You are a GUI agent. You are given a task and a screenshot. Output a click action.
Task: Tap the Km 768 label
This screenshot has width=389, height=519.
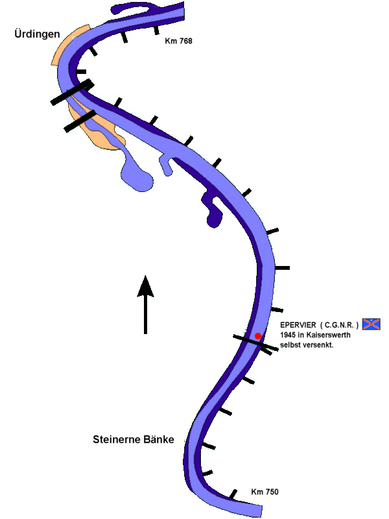point(178,41)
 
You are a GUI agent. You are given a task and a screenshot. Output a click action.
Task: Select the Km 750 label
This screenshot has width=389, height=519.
point(265,492)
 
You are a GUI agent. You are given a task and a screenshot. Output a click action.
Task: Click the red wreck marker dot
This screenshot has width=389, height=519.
point(258,335)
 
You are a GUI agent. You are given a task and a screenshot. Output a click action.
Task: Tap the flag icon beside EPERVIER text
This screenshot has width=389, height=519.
point(371,324)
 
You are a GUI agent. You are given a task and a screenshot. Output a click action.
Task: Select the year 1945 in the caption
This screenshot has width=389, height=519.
point(289,334)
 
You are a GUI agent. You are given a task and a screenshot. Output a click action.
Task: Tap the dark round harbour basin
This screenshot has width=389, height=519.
point(213,221)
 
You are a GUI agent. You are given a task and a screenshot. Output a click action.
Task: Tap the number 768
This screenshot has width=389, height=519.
point(185,41)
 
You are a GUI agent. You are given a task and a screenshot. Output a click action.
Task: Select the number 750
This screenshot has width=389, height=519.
point(272,492)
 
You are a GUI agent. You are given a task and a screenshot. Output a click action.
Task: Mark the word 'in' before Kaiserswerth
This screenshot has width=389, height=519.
point(302,334)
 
